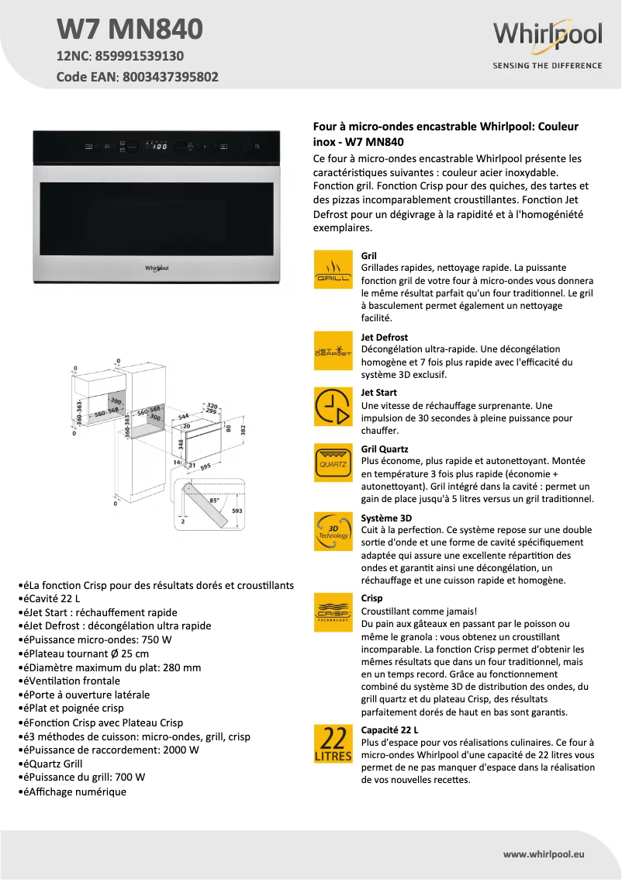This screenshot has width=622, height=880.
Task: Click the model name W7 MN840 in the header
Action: [x=130, y=29]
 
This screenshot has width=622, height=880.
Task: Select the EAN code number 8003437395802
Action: [x=170, y=77]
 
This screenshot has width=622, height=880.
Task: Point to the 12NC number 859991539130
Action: [x=140, y=56]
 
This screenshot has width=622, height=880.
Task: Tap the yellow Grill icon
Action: [x=333, y=269]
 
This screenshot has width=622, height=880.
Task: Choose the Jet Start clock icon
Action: [x=333, y=407]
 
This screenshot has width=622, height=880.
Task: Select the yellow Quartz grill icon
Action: [x=333, y=463]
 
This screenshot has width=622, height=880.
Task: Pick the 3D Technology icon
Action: [x=333, y=532]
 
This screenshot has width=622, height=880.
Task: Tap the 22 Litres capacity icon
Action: [x=333, y=743]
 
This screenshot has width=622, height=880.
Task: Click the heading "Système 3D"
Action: [x=386, y=518]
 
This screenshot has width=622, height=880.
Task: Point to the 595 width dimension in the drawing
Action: [x=206, y=467]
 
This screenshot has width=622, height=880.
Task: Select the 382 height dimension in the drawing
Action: [x=242, y=429]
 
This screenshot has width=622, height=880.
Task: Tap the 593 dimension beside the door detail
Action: [x=237, y=511]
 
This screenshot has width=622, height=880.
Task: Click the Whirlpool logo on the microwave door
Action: [x=157, y=267]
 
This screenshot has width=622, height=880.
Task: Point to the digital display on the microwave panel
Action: [x=158, y=146]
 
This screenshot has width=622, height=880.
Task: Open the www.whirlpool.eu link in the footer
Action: [x=543, y=854]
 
